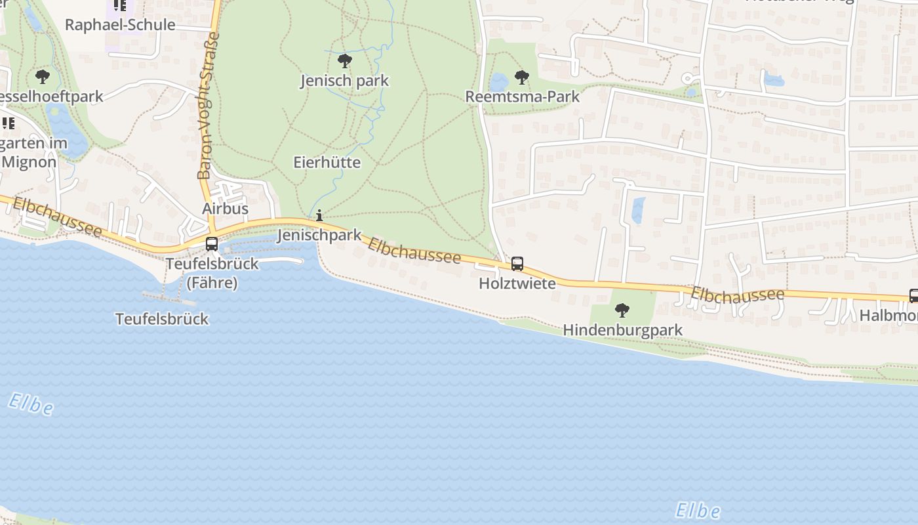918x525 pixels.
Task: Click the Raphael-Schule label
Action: tap(120, 25)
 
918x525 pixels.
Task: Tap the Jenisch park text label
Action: tap(344, 81)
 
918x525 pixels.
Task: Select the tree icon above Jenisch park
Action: tap(344, 62)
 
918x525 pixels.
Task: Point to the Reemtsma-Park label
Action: tap(522, 96)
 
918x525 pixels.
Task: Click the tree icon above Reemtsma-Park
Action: tap(522, 77)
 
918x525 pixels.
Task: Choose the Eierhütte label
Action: tap(327, 162)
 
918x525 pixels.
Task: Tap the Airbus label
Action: tap(225, 208)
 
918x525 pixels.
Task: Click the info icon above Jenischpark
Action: tap(319, 215)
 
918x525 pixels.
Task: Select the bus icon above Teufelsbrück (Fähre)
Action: tap(212, 244)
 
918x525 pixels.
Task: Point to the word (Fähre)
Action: tap(212, 283)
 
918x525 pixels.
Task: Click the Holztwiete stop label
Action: tap(517, 283)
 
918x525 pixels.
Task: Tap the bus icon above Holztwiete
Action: tap(517, 264)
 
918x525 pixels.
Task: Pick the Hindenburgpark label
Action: tap(622, 329)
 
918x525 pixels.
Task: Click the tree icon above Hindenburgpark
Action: tap(622, 310)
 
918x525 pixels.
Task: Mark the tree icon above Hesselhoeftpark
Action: tap(43, 77)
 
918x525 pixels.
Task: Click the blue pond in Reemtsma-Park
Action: tap(499, 82)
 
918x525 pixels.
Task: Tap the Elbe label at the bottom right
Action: tap(698, 510)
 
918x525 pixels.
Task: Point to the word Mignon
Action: tap(29, 161)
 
